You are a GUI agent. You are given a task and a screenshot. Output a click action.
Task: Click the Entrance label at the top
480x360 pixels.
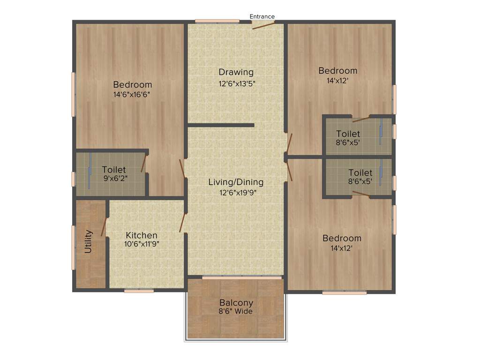[x=262, y=16]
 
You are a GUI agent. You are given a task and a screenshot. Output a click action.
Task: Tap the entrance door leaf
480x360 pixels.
[x=263, y=25]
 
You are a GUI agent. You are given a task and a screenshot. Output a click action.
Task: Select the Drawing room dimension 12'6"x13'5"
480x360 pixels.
[x=236, y=83]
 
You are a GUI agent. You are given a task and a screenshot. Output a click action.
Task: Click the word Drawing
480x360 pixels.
[x=236, y=72]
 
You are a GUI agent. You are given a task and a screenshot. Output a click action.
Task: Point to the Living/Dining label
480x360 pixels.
[x=236, y=182]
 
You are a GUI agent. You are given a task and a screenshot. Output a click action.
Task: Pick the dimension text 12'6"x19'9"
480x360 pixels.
[x=236, y=192]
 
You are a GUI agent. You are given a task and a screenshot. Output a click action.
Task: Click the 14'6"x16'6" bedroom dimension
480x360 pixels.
[x=133, y=94]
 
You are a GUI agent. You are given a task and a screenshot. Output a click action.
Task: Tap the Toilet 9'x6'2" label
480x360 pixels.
[x=114, y=169]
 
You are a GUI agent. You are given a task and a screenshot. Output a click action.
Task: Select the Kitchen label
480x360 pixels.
[x=142, y=235]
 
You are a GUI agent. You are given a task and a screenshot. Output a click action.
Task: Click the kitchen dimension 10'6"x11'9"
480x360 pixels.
[x=142, y=244]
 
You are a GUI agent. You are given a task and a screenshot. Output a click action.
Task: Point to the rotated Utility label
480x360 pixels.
[x=88, y=241]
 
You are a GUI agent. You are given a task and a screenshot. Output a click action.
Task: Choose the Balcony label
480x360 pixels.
[x=236, y=303]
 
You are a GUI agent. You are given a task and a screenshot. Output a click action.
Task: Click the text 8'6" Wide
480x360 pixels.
[x=236, y=311]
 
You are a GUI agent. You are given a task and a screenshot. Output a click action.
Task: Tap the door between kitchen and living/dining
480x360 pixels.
[x=183, y=223]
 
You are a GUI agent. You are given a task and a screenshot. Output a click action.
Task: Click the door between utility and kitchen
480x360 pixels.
[x=104, y=226]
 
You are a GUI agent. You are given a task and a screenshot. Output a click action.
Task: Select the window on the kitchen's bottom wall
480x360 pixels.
[x=139, y=291]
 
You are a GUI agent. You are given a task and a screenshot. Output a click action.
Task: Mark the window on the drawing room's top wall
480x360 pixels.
[x=217, y=21]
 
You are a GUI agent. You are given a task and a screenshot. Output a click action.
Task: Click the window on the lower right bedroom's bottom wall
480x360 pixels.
[x=345, y=292]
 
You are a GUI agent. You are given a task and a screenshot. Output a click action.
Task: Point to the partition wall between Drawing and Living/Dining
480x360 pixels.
[x=221, y=125]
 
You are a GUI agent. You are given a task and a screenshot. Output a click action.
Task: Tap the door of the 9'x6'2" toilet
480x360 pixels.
[x=144, y=163]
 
